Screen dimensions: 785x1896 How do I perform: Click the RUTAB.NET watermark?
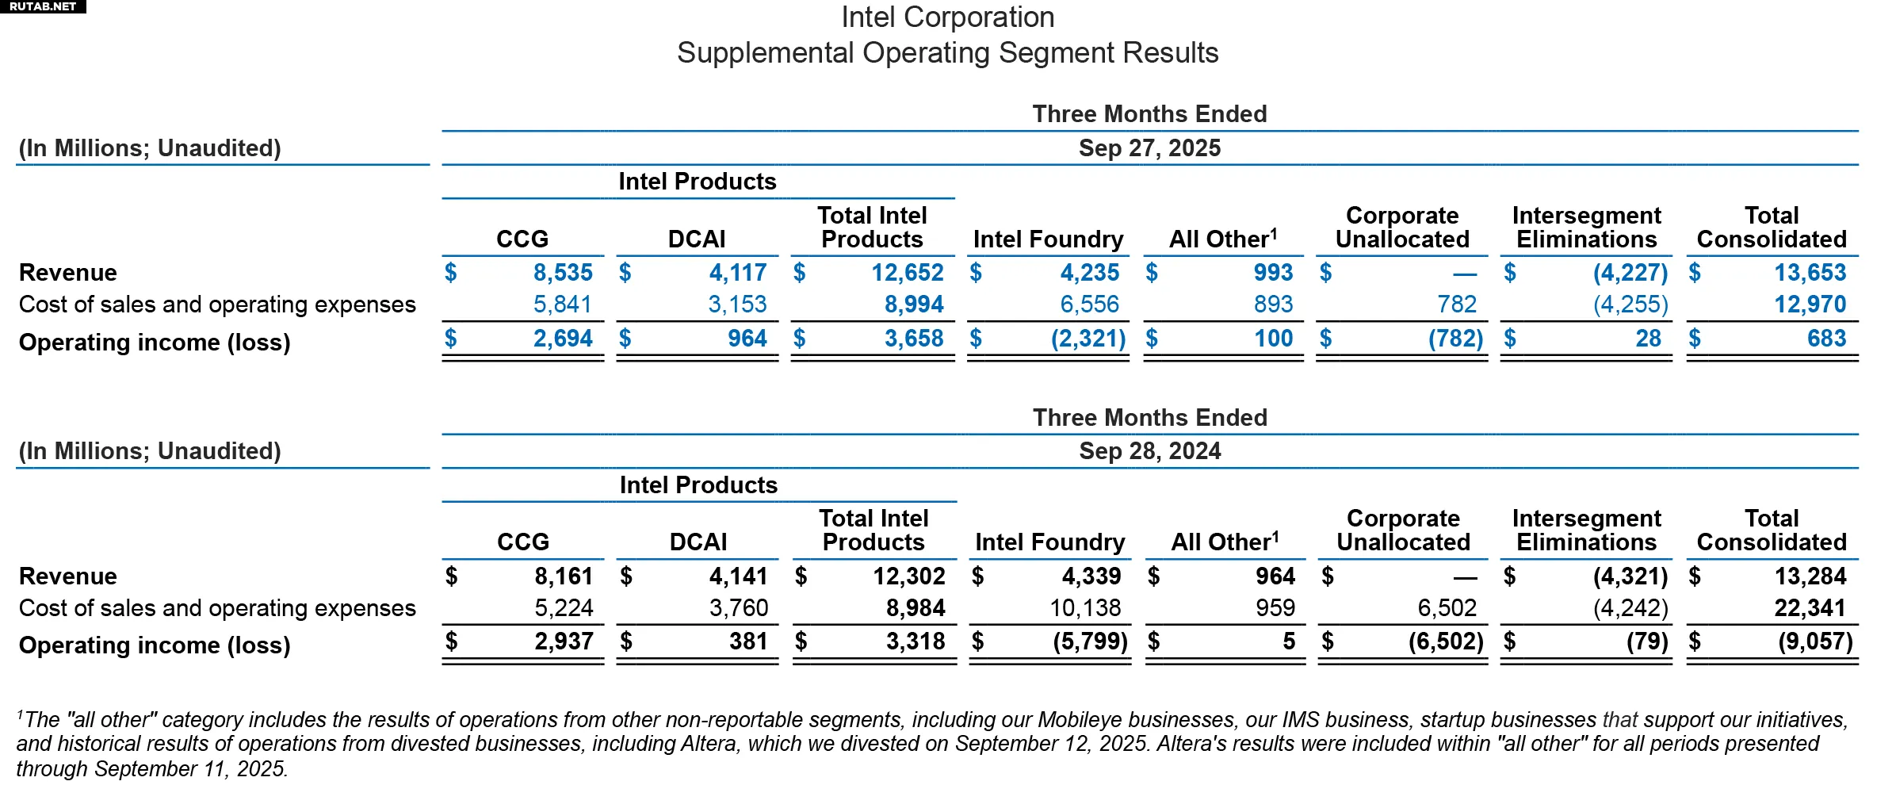43,6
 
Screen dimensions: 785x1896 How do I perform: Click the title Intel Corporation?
947,17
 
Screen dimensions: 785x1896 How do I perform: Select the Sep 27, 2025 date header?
1149,148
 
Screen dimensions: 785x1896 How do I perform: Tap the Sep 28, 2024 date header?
1149,451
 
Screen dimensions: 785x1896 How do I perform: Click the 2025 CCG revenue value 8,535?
563,273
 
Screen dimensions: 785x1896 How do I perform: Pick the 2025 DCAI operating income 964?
747,339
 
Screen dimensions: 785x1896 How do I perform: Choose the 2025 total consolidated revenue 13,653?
1810,273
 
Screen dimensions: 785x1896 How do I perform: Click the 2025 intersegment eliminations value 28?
1648,339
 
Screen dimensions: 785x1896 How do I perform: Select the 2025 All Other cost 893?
1273,304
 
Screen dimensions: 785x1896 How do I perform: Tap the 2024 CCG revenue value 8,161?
564,576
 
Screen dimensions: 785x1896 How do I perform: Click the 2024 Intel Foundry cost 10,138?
1085,608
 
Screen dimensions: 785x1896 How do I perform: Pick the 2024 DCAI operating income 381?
748,641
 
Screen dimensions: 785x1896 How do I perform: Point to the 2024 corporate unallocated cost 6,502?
1447,608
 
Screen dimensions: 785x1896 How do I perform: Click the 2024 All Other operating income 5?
1289,641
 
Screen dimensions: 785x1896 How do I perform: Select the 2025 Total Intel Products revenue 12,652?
908,273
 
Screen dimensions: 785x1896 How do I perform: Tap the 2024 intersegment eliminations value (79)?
1647,641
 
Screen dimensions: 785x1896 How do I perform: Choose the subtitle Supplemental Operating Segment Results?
947,53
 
